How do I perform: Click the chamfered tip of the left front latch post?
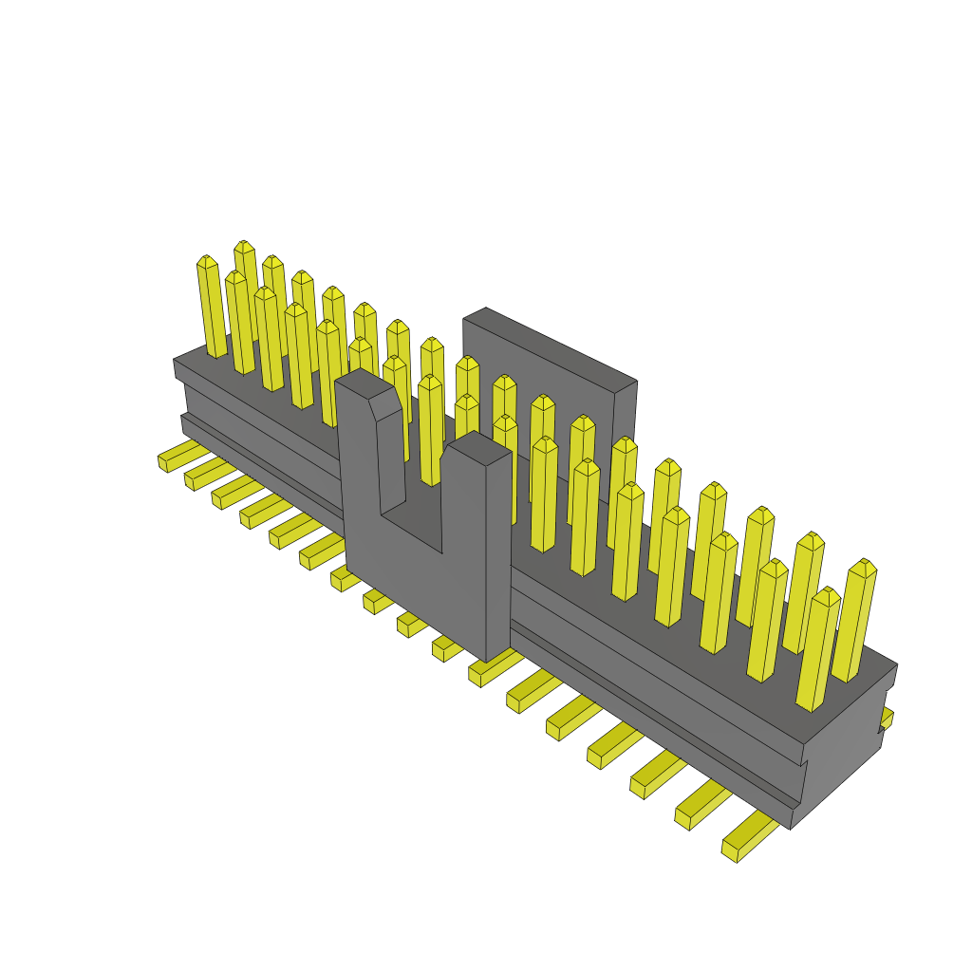pyautogui.click(x=384, y=403)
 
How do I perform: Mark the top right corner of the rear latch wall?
pyautogui.click(x=634, y=382)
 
